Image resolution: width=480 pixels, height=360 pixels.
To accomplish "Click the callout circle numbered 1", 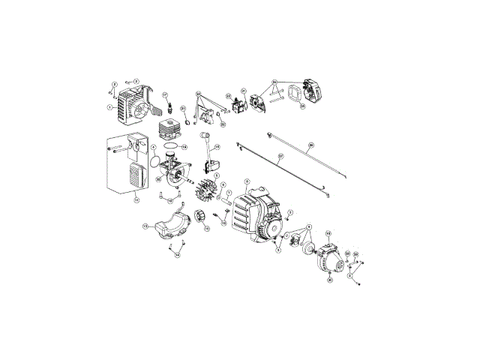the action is click(x=109, y=107).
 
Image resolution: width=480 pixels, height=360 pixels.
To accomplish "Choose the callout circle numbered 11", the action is click(x=136, y=199).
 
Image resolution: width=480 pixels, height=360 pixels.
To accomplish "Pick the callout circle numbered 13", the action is click(x=145, y=225).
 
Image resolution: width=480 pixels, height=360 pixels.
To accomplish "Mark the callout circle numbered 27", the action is click(x=280, y=158).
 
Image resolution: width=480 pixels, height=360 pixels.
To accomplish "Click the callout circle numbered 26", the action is click(x=311, y=145).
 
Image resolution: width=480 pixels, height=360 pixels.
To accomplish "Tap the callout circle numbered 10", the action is click(x=328, y=234).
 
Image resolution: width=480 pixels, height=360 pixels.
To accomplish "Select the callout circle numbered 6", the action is click(x=247, y=181).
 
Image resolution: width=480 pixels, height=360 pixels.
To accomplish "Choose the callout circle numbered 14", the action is click(x=178, y=255).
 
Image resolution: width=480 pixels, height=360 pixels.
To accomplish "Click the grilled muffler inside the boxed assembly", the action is click(x=136, y=177).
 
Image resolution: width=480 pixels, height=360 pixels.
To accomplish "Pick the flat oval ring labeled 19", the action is click(x=170, y=146).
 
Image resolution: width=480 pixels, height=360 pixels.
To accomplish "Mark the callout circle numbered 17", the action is click(x=165, y=95).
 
